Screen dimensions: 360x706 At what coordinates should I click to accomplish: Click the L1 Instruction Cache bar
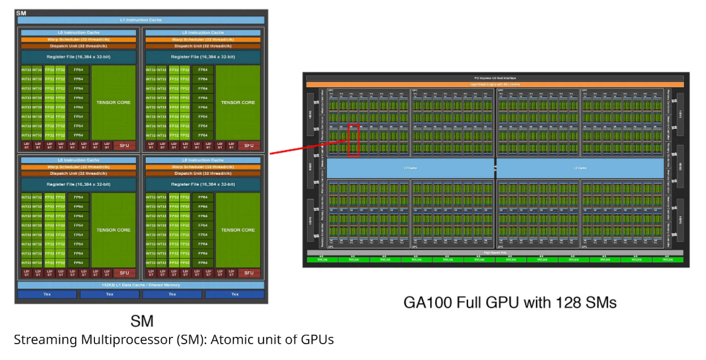point(141,20)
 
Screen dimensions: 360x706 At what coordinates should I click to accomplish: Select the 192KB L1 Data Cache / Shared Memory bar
point(141,285)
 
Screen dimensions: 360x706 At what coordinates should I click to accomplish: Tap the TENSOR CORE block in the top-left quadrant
point(114,102)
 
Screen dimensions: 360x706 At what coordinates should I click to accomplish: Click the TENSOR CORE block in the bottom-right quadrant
point(238,230)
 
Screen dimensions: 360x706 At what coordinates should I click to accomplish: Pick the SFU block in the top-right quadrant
point(249,146)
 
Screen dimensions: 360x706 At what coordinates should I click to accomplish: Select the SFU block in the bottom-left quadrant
point(125,273)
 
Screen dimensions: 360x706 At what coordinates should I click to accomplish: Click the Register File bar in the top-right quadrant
point(203,57)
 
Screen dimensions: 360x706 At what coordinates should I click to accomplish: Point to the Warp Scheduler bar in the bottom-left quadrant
point(79,167)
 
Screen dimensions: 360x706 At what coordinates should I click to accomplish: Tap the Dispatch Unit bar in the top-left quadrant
point(79,46)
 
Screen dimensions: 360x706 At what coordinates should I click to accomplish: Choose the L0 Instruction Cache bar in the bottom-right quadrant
point(203,161)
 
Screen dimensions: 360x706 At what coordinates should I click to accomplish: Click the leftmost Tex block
point(47,294)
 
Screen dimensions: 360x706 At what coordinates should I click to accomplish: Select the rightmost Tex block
point(235,294)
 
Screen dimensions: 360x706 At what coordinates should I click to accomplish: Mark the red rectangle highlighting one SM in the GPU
point(353,140)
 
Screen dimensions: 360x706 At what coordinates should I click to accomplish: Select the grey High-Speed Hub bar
point(494,253)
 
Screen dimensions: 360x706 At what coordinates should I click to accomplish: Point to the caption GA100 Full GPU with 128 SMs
point(509,303)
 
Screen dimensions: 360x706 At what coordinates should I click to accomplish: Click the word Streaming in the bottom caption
point(42,340)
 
